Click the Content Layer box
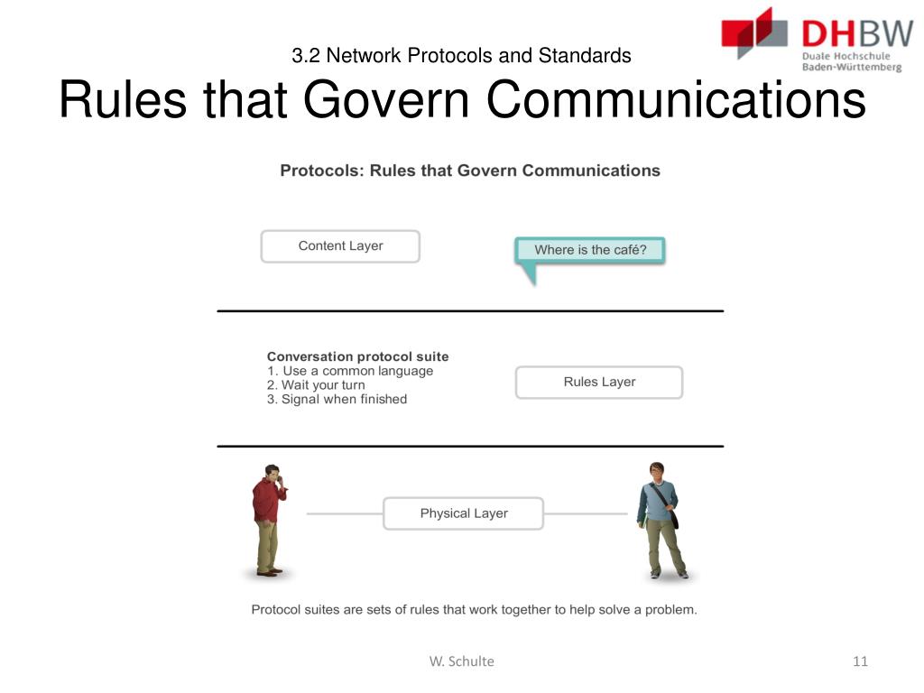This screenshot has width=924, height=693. point(340,246)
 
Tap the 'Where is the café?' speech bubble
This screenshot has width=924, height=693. point(590,251)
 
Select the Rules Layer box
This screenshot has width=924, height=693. point(599,383)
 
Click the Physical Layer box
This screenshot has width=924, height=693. point(464,513)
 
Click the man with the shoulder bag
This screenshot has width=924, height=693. point(661,522)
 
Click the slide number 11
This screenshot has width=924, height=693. point(860,661)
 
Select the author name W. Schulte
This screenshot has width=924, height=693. point(461,661)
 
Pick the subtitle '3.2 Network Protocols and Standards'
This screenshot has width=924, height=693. point(461,56)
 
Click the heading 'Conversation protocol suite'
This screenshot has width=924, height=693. point(357,356)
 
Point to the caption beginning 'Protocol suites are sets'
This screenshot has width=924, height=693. point(474,610)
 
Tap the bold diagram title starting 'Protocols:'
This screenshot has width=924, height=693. point(469,171)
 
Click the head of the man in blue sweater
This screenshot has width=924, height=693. point(657,472)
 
